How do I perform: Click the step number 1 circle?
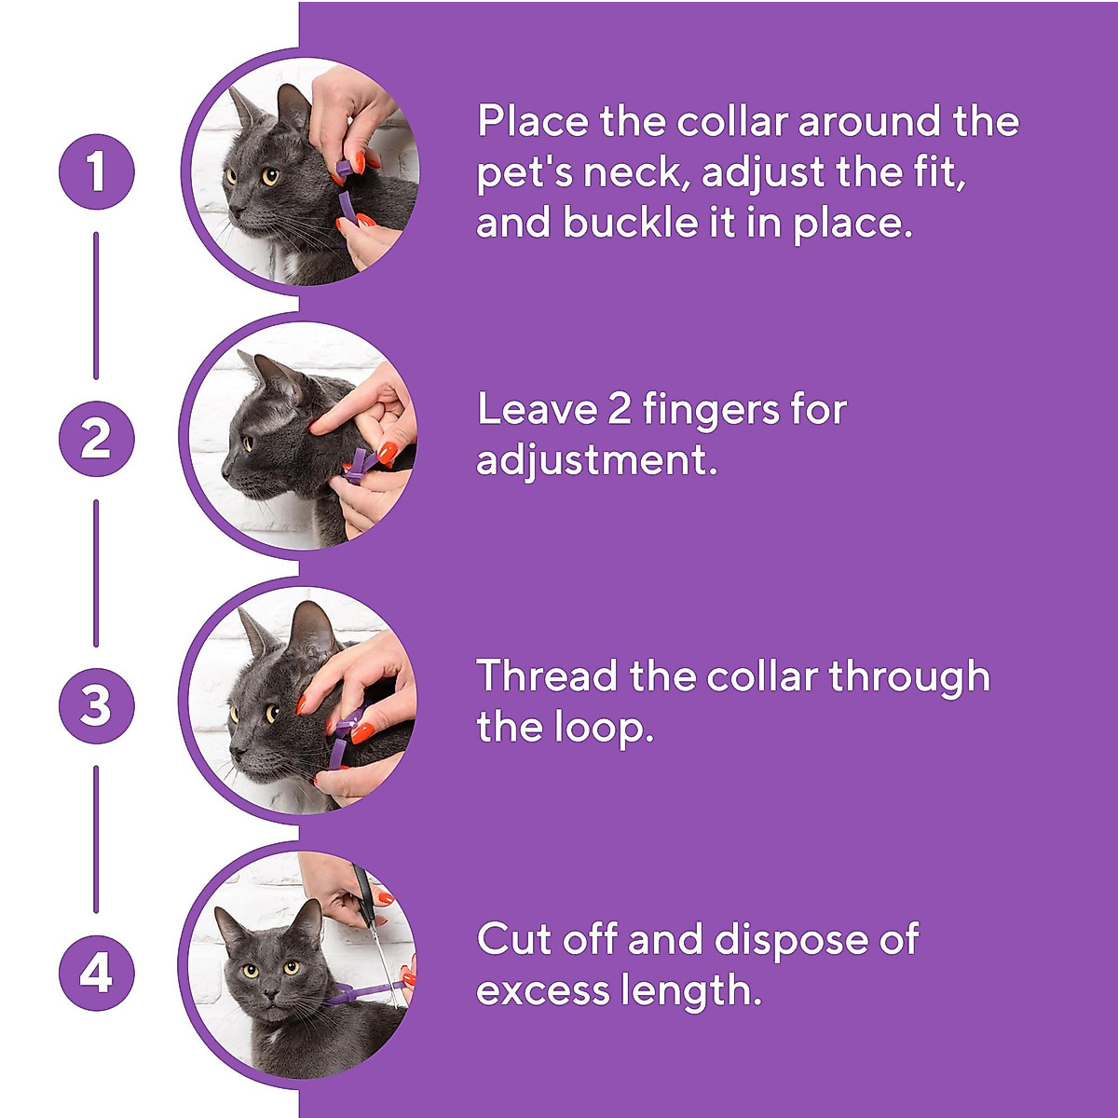pos(96,171)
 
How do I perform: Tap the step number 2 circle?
pos(96,439)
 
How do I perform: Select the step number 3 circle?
pos(96,705)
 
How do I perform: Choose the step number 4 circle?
pos(96,974)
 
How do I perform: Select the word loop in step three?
pos(602,728)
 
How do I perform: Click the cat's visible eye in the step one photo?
pos(269,175)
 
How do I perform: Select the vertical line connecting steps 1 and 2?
pos(96,306)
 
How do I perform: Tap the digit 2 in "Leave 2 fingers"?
pos(620,410)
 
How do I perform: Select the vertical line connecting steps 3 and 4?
pos(96,838)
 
